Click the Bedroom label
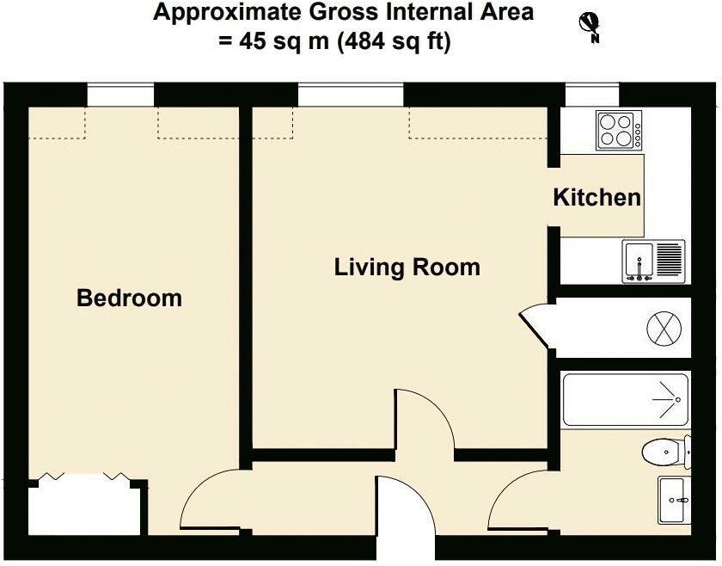[x=129, y=298]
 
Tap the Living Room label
[x=407, y=267]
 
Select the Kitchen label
[x=597, y=197]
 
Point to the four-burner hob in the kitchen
[x=618, y=132]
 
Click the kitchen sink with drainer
[x=653, y=261]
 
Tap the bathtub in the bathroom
[x=625, y=400]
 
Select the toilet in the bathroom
[x=666, y=450]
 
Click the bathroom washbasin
[x=674, y=499]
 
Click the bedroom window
[x=120, y=94]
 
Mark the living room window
[x=351, y=94]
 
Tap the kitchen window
[x=592, y=94]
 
